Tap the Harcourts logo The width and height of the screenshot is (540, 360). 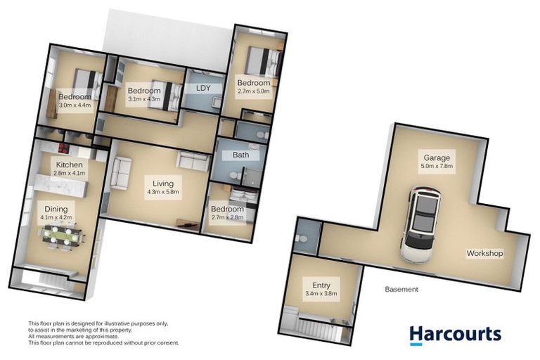(455, 333)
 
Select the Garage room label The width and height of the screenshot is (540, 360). (437, 157)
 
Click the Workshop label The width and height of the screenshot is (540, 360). (485, 253)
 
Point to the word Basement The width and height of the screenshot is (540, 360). (402, 289)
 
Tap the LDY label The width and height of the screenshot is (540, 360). (204, 88)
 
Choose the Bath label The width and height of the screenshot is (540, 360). (241, 155)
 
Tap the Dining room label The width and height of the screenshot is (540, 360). (56, 209)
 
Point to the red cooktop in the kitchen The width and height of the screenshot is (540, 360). (63, 148)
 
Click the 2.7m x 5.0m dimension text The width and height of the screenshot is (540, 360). (254, 91)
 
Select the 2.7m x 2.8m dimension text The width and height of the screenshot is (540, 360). (228, 218)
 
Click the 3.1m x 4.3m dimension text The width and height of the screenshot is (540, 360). (143, 99)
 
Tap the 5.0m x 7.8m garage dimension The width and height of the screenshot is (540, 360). (437, 167)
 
